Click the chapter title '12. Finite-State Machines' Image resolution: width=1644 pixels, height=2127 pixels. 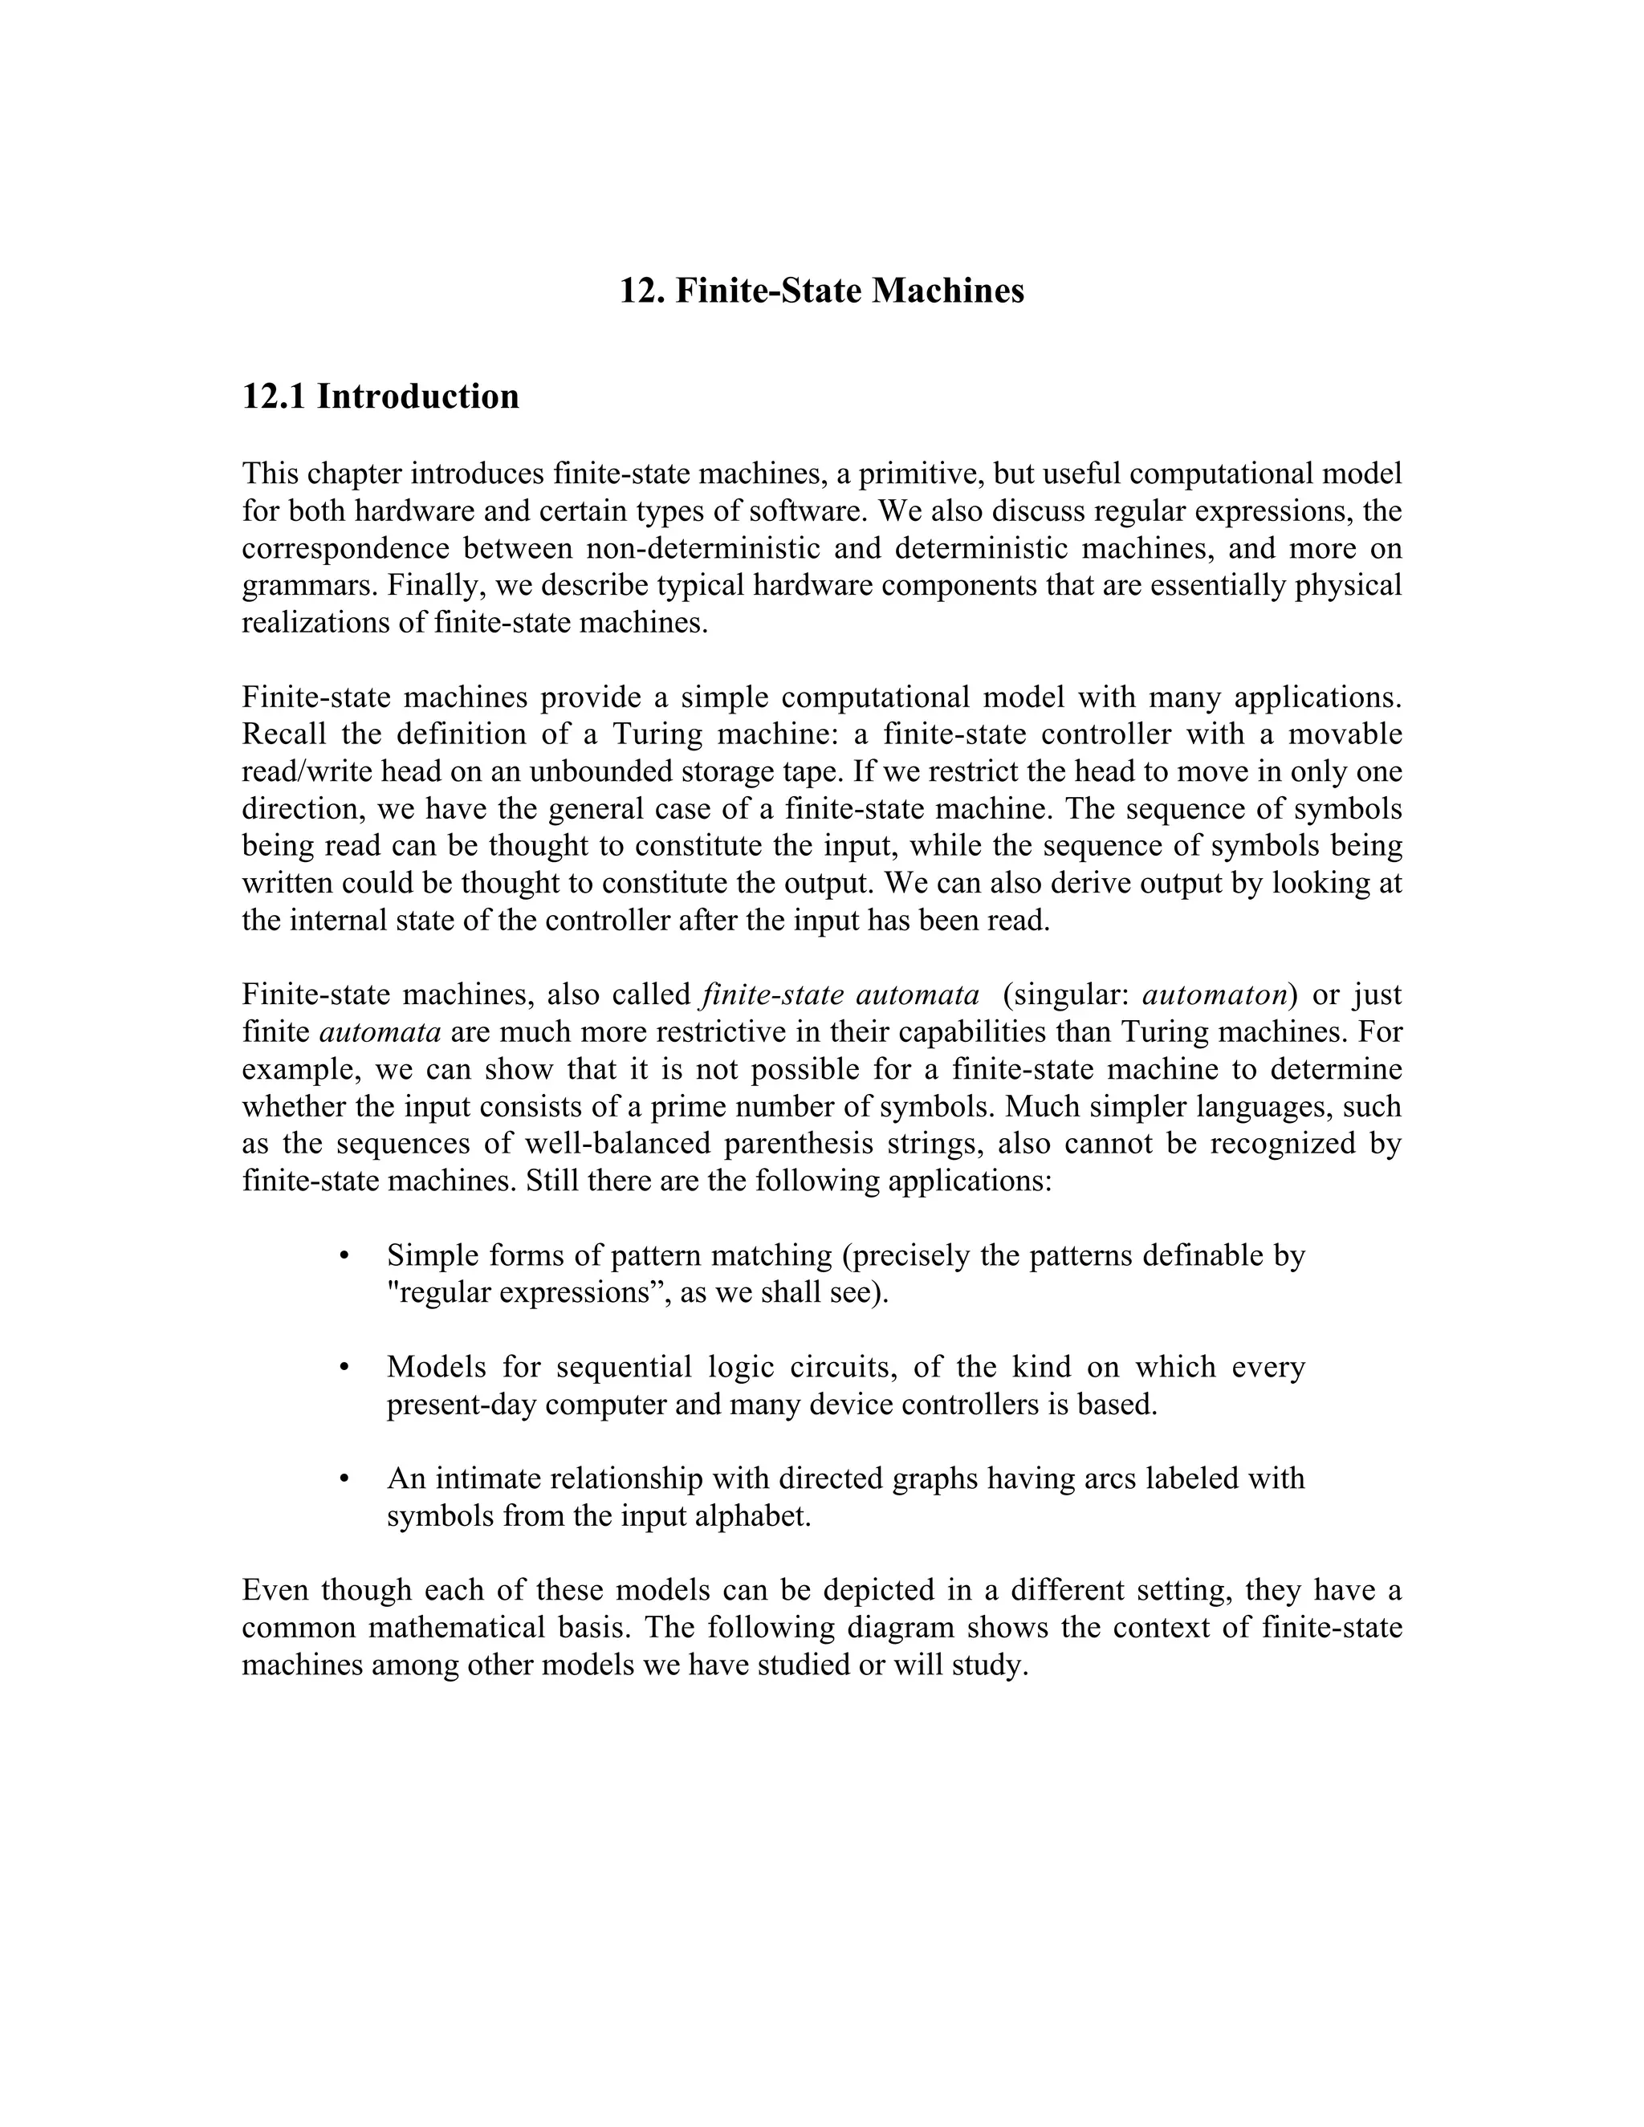coord(822,291)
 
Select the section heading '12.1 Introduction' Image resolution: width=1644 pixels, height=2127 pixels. coord(380,397)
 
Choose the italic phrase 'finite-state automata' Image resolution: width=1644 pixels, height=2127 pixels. coord(840,995)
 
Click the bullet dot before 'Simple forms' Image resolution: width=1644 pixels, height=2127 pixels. coord(344,1257)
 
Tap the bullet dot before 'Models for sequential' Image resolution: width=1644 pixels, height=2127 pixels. coord(344,1369)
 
